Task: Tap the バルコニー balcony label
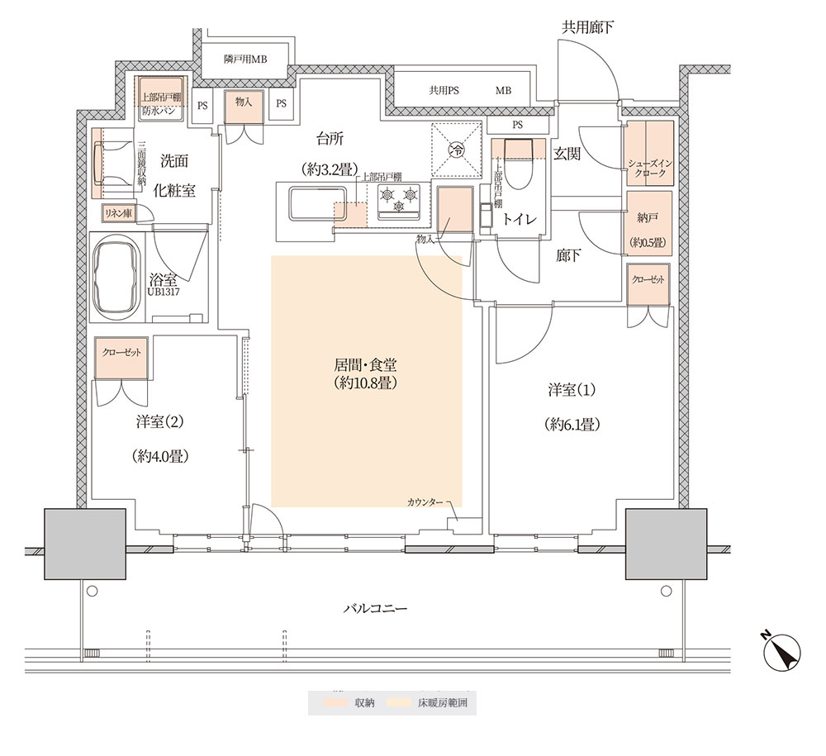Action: tap(375, 609)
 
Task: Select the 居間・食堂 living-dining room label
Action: tap(365, 365)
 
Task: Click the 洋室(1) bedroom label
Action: tap(572, 390)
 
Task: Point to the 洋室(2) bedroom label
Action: tap(159, 422)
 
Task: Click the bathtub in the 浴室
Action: tap(116, 277)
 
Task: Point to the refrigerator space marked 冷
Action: tap(456, 150)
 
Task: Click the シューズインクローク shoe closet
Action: tap(649, 154)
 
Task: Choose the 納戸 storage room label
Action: tap(647, 217)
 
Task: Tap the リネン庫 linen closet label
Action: tap(118, 213)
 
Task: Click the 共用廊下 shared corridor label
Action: tap(587, 27)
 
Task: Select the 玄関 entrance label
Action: tap(567, 154)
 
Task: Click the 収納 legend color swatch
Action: tap(335, 702)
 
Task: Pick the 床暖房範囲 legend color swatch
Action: tap(399, 702)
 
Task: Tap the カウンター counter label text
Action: tap(425, 502)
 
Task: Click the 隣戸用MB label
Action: tap(245, 59)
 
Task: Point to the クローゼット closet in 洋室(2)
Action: tap(121, 359)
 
